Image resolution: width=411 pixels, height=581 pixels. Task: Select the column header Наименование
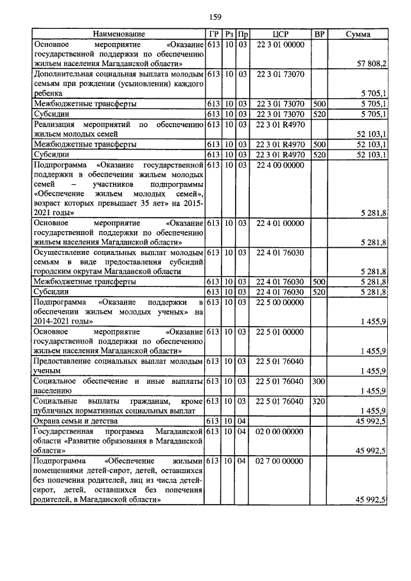pos(119,34)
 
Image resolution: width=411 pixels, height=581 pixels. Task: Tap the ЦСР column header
pos(279,34)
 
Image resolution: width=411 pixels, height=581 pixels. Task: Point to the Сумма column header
pos(358,34)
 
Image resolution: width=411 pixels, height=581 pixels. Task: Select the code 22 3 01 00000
pos(279,44)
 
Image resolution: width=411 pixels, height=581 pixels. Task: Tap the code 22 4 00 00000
pos(279,166)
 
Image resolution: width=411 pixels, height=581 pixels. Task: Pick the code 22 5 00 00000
pos(279,302)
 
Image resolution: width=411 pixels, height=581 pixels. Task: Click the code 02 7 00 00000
pos(279,461)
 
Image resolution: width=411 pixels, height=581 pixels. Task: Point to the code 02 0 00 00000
pos(279,431)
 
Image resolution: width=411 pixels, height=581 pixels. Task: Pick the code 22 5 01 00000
pos(279,332)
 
